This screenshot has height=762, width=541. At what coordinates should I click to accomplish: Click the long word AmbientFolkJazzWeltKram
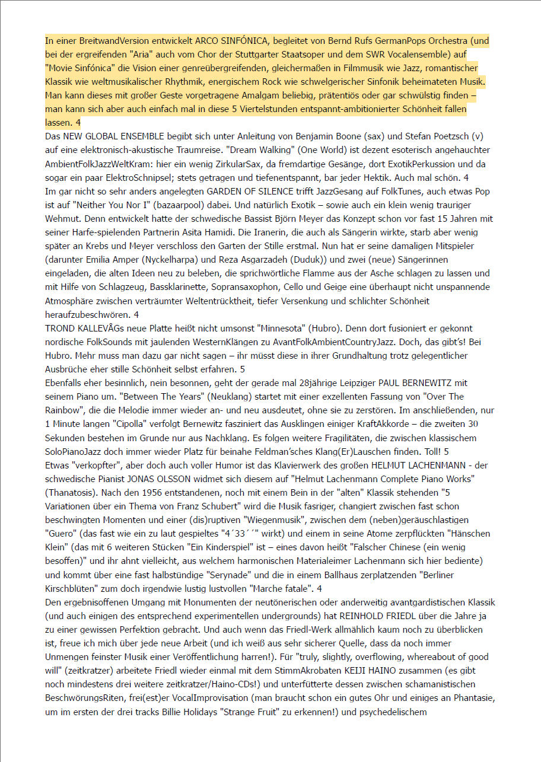(98, 164)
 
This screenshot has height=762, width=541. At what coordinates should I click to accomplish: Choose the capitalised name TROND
(59, 328)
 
